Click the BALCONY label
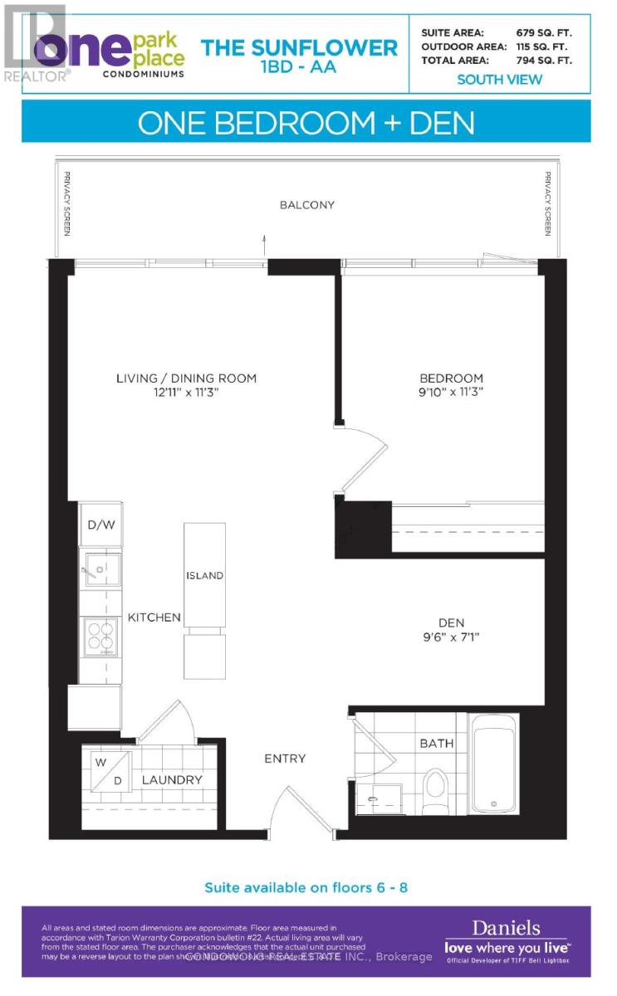click(306, 205)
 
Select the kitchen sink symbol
click(100, 569)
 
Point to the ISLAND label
click(204, 575)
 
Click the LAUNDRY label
click(172, 780)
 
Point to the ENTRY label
click(285, 759)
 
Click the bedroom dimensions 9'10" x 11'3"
click(451, 391)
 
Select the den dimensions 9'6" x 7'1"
click(451, 637)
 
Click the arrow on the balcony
click(264, 242)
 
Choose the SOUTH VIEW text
click(499, 80)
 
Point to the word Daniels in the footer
click(506, 929)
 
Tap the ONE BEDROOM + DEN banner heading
click(306, 124)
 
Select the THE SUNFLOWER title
click(300, 48)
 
